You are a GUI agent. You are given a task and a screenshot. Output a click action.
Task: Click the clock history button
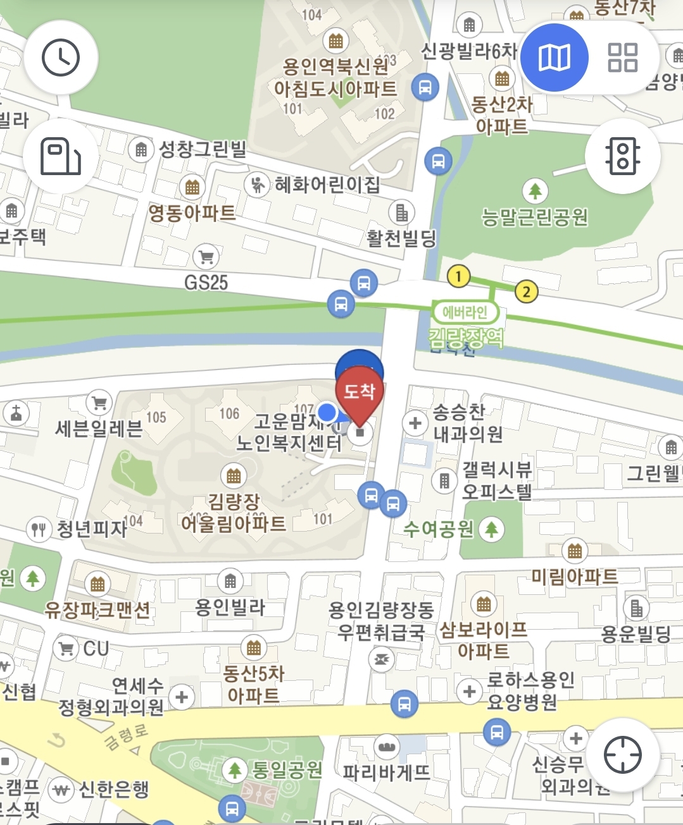[x=61, y=58]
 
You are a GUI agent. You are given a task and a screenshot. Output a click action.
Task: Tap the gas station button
[x=61, y=156]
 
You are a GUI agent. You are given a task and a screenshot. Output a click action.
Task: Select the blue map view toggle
[x=555, y=58]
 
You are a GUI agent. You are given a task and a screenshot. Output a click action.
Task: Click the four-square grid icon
[x=622, y=58]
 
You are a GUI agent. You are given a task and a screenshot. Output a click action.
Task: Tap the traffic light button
[x=623, y=156]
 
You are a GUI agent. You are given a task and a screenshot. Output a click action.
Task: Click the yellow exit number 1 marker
[x=458, y=276]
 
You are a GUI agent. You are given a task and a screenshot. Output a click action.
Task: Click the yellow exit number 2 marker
[x=526, y=291]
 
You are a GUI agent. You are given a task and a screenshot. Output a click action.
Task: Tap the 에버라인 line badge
[x=465, y=312]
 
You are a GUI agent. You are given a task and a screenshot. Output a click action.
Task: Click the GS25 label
[x=206, y=282]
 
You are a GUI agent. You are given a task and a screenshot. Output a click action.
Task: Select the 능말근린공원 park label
[x=535, y=217]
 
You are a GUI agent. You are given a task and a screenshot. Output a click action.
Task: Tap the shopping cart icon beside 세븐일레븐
[x=99, y=402]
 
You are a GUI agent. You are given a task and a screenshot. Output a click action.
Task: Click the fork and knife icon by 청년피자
[x=39, y=529]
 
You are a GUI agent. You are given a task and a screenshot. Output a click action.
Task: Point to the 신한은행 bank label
[x=114, y=789]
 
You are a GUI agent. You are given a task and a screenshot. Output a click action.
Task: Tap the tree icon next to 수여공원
[x=491, y=529]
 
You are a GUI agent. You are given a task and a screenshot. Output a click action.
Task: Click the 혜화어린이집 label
[x=327, y=185]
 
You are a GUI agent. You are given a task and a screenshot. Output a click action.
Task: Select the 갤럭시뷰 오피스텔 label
[x=497, y=480]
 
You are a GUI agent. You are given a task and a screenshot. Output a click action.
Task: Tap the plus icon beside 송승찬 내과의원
[x=415, y=423]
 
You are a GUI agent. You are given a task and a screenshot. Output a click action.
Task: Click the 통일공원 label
[x=287, y=769]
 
